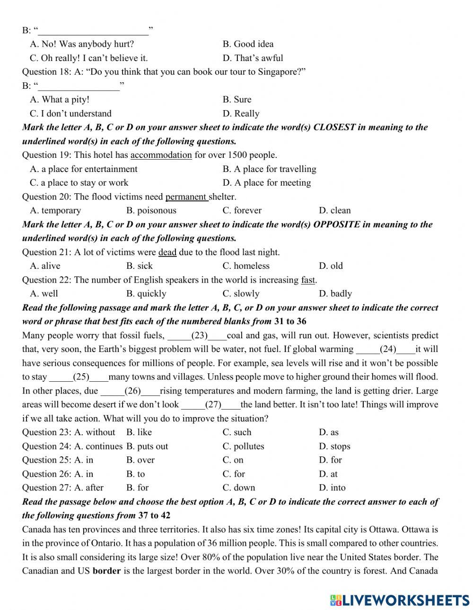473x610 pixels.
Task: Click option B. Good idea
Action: (x=248, y=44)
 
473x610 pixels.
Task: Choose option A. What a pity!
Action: (x=60, y=100)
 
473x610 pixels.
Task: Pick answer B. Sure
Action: (x=237, y=100)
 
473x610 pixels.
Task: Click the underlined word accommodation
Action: (x=161, y=155)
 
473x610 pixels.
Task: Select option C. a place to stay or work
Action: (x=79, y=183)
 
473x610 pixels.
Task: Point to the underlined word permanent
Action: (x=186, y=197)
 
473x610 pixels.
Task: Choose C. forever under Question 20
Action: (x=242, y=211)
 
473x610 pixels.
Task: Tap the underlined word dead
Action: (x=167, y=252)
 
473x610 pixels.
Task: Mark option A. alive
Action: (x=45, y=266)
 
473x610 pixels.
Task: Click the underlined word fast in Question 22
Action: (x=307, y=280)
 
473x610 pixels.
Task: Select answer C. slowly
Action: (x=241, y=294)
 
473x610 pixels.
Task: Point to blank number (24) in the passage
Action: (x=388, y=350)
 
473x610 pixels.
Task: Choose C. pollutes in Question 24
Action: (x=243, y=447)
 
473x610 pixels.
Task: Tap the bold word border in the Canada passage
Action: (x=106, y=571)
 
